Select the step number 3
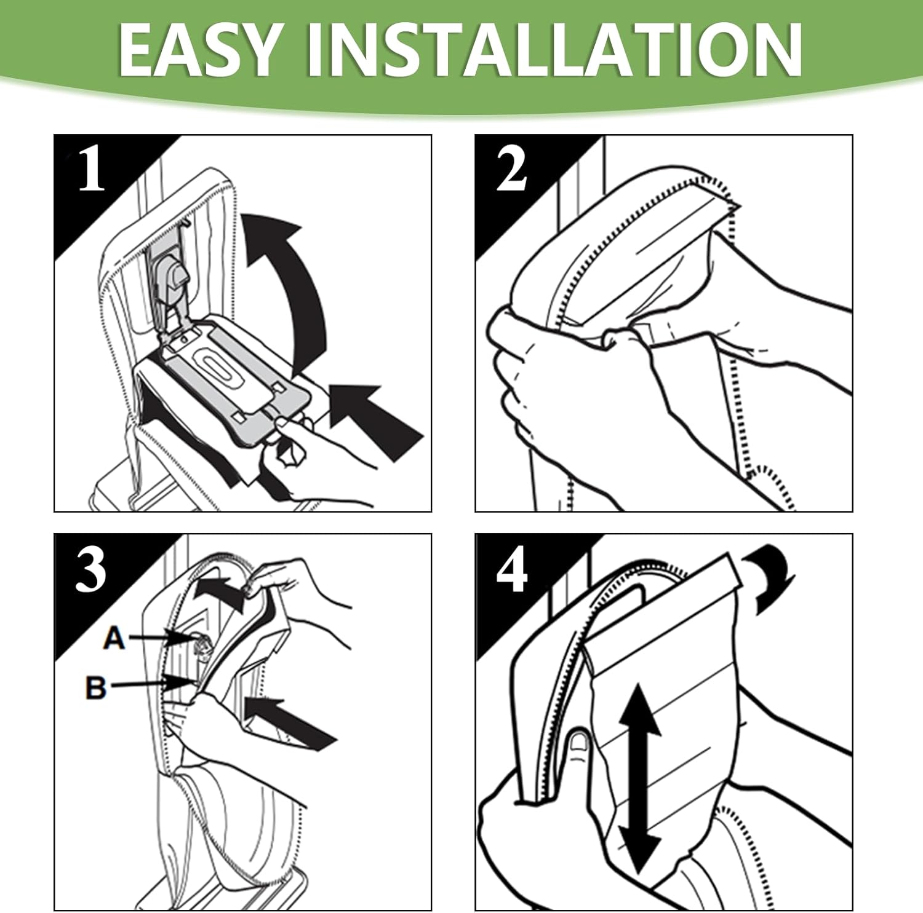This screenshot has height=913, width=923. [x=91, y=570]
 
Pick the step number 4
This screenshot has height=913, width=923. [x=512, y=571]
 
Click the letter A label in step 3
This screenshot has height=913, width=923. [x=114, y=638]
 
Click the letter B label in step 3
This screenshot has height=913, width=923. [x=95, y=687]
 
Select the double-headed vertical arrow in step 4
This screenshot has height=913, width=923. [x=639, y=778]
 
